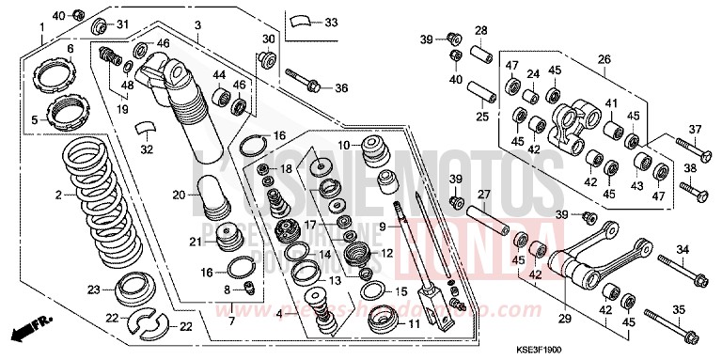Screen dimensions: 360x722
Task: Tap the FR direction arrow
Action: [x=27, y=332]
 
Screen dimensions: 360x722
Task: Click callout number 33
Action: [x=331, y=23]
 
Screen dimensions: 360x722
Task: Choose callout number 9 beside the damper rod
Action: [x=382, y=226]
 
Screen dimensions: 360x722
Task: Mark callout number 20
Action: [x=179, y=195]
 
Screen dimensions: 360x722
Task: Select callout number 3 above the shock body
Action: [x=197, y=23]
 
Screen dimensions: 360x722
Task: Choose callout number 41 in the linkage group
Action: [x=610, y=104]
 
